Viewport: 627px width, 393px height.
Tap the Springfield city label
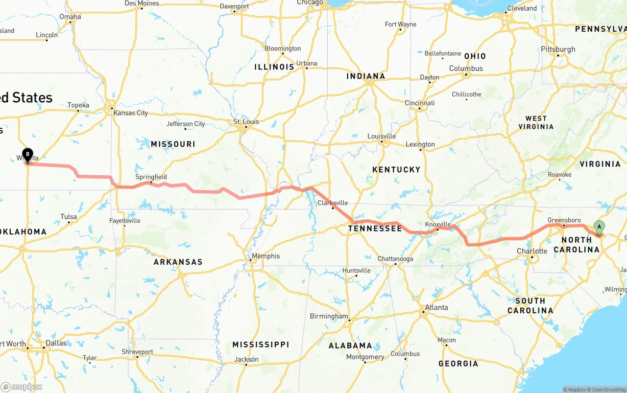[151, 177]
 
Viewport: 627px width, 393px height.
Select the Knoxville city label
[437, 224]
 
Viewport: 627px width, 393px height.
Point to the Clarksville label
[333, 203]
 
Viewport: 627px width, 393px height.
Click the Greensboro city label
[564, 220]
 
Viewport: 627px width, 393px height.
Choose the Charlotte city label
[532, 251]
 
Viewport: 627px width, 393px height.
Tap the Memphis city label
[265, 256]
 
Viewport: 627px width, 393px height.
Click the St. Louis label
[246, 121]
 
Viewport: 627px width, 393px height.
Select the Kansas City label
[130, 113]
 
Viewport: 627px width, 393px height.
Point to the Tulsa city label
[69, 217]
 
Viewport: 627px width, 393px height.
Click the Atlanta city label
[436, 307]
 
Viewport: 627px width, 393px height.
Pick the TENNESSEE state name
[375, 229]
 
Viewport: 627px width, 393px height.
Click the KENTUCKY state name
[396, 169]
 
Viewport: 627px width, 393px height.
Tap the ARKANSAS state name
[178, 262]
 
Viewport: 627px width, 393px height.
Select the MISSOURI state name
[173, 144]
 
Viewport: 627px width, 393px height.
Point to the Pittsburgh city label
[558, 49]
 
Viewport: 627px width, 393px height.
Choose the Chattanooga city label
[395, 259]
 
